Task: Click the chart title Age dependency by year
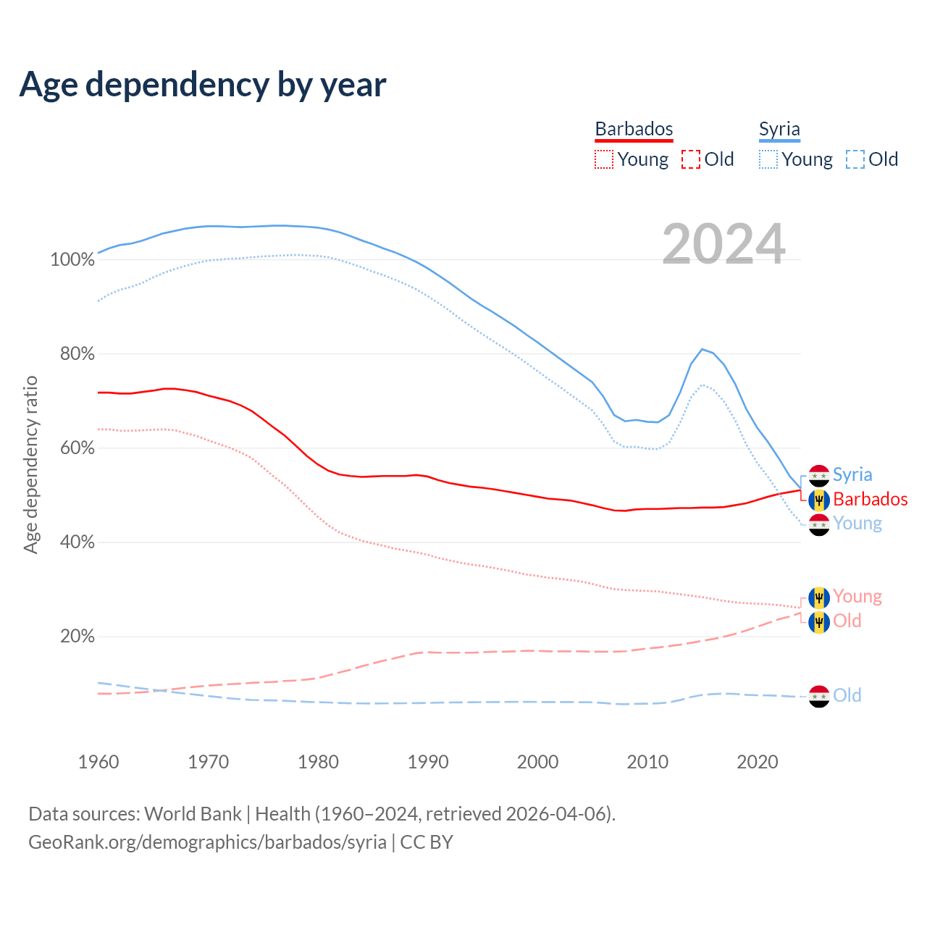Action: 203,85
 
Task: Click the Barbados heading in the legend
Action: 634,129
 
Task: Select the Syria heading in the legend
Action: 779,129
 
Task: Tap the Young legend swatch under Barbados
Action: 603,159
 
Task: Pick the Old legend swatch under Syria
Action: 855,159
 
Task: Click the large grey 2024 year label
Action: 723,244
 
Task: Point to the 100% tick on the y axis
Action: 72,259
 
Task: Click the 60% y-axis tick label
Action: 77,448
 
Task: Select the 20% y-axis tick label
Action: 77,636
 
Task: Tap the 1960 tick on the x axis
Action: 98,762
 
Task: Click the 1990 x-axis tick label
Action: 428,762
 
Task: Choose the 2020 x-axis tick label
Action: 758,762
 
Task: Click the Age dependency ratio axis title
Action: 30,464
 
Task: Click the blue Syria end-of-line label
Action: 852,474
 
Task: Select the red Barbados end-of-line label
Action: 870,499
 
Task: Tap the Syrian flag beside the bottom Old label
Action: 819,696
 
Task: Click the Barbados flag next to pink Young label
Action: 819,597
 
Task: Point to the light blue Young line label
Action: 857,523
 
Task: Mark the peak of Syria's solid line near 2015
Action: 702,349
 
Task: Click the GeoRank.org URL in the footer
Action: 207,842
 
